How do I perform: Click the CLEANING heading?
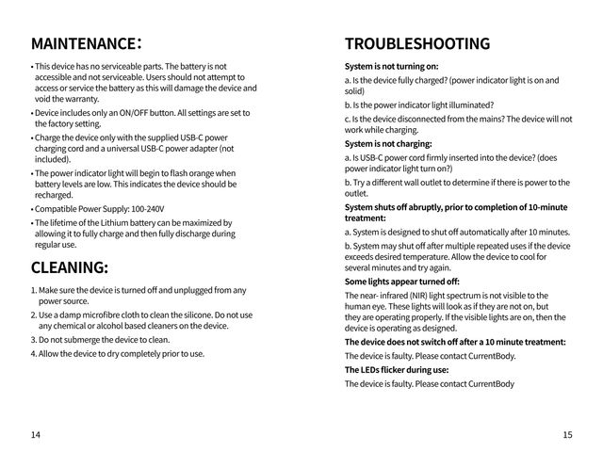click(x=69, y=266)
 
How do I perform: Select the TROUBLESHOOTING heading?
click(x=417, y=44)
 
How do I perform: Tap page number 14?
click(x=36, y=434)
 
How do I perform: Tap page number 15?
click(x=566, y=434)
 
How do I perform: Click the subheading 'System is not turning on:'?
click(x=392, y=67)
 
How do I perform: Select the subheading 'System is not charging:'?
click(x=389, y=144)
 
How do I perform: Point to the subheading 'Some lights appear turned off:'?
click(x=402, y=281)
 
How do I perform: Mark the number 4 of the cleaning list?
click(x=33, y=354)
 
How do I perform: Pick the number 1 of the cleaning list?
click(x=33, y=290)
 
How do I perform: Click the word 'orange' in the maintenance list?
click(x=197, y=173)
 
